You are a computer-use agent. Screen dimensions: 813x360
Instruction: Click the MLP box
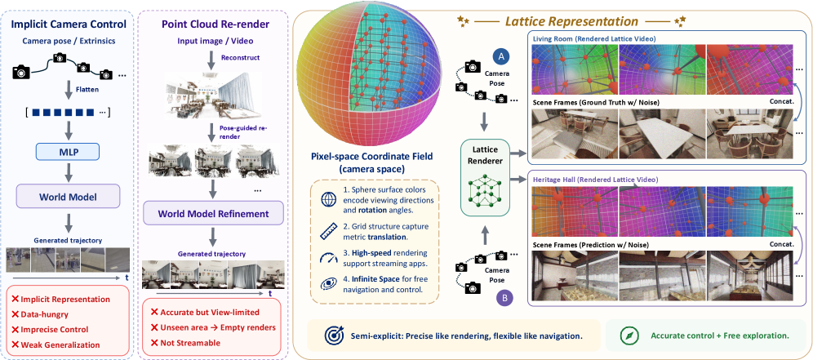coord(67,153)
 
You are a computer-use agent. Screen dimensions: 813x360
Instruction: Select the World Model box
coord(67,197)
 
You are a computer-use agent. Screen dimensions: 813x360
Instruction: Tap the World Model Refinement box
coord(213,214)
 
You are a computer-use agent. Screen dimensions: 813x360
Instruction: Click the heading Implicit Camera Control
coord(68,24)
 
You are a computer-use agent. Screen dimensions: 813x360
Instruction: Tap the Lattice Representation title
coord(572,21)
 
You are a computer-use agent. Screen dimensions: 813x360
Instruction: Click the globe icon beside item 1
coord(328,200)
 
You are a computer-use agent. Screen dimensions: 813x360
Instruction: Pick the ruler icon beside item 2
coord(328,229)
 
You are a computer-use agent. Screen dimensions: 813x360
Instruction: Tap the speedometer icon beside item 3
coord(328,256)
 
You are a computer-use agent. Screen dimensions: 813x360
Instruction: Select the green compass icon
coord(628,336)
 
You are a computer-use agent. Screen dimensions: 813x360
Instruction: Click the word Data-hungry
coord(44,314)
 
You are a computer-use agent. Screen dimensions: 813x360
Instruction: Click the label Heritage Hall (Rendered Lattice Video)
coord(596,179)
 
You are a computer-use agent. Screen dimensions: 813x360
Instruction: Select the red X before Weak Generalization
coord(15,344)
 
